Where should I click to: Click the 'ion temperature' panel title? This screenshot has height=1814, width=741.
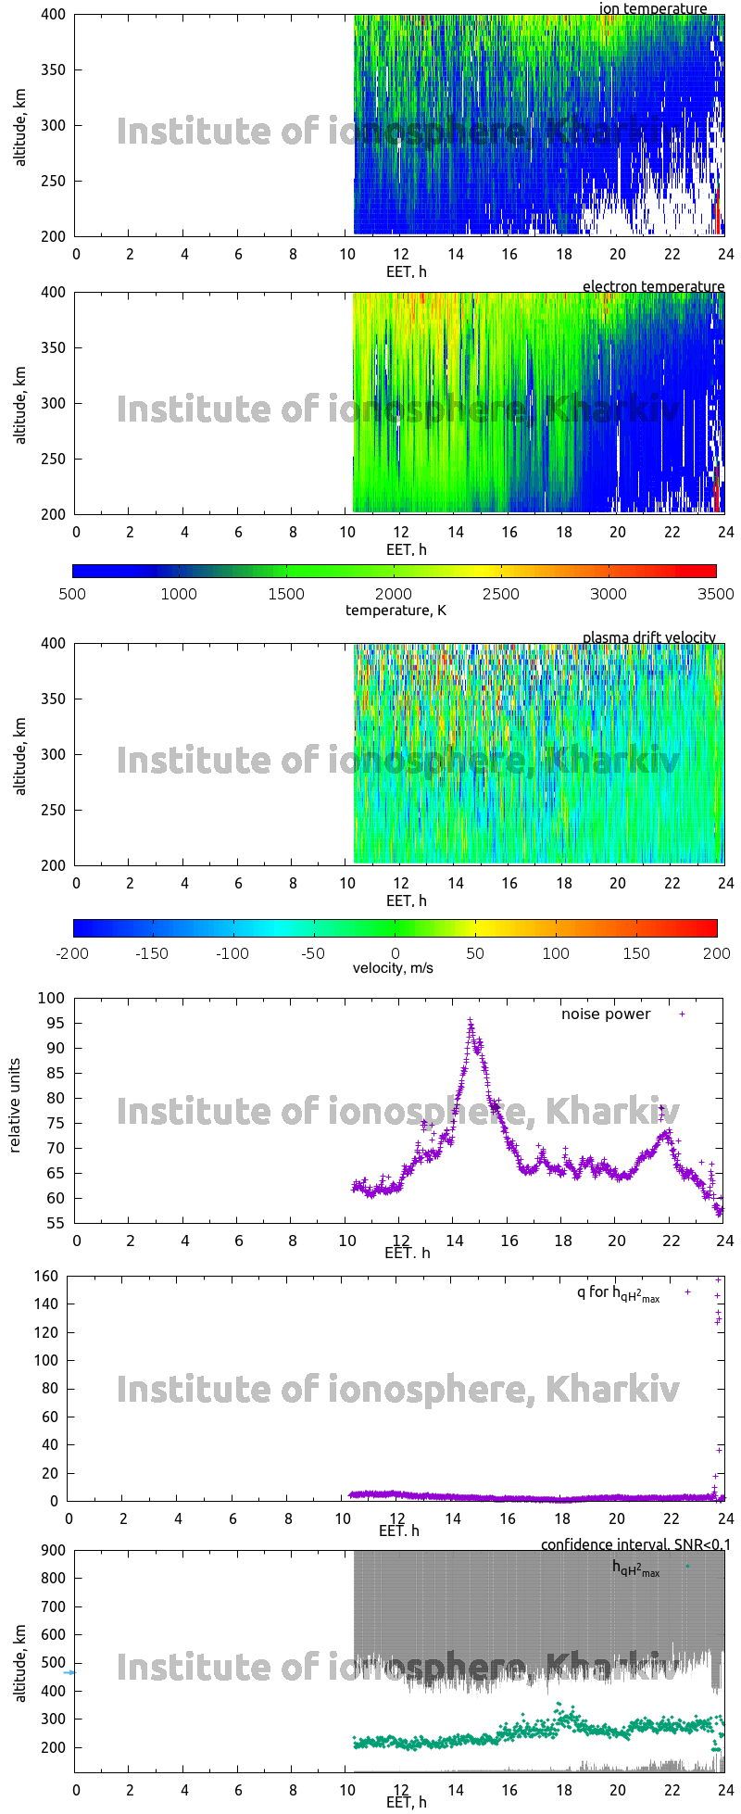tap(653, 8)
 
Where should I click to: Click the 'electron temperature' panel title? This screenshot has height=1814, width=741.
tap(653, 286)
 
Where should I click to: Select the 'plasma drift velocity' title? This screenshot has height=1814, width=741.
tap(648, 637)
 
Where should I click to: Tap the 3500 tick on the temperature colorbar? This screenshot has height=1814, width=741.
tap(716, 594)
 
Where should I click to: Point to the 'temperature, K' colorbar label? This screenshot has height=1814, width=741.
tap(396, 610)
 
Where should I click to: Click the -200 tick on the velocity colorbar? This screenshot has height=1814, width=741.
tap(73, 953)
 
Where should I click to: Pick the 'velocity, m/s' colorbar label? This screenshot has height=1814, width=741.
tap(393, 968)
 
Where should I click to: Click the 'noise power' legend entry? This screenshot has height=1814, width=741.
tap(606, 1014)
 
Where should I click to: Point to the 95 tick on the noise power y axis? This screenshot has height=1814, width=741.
tap(57, 1023)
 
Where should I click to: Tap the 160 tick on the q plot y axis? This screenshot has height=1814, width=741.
tap(48, 1277)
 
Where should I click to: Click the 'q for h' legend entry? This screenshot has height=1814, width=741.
tap(618, 1292)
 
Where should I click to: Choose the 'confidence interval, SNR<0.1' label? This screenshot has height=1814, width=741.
tap(635, 1544)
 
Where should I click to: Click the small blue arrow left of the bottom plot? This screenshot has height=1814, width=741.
tap(69, 1673)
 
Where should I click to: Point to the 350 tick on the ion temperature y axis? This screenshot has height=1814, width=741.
tap(54, 69)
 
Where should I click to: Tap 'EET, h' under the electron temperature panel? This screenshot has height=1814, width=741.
tap(406, 549)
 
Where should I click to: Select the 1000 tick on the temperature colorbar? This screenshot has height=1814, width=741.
tap(179, 594)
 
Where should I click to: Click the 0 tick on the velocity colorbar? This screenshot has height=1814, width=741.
tap(395, 953)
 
